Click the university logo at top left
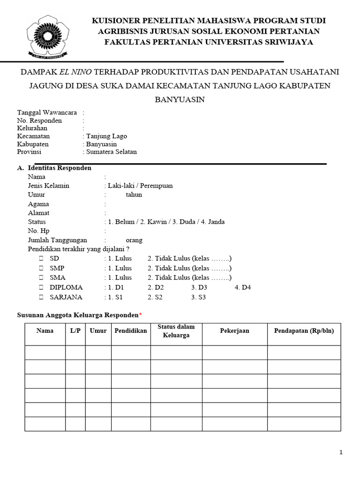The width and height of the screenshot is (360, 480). click(46, 36)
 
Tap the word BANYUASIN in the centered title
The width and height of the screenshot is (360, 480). click(180, 99)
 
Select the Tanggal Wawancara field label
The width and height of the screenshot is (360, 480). click(47, 112)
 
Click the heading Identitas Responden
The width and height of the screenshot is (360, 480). click(60, 168)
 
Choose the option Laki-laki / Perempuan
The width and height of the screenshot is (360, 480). click(140, 186)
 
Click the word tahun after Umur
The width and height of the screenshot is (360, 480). click(134, 195)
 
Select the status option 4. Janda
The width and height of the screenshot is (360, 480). click(212, 222)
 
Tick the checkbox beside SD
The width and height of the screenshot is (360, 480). click(41, 259)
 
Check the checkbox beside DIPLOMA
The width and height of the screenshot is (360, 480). click(41, 287)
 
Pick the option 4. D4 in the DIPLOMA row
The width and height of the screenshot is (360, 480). click(243, 287)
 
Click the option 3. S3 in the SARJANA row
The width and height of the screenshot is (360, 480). click(198, 297)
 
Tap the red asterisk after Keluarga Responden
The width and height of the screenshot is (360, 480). click(141, 314)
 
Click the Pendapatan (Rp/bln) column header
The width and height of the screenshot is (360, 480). click(304, 331)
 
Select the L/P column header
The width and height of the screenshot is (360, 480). click(75, 331)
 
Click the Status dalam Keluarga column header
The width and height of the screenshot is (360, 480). click(176, 331)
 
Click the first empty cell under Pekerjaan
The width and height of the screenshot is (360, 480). click(234, 352)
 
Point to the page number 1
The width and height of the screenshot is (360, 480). click(341, 452)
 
